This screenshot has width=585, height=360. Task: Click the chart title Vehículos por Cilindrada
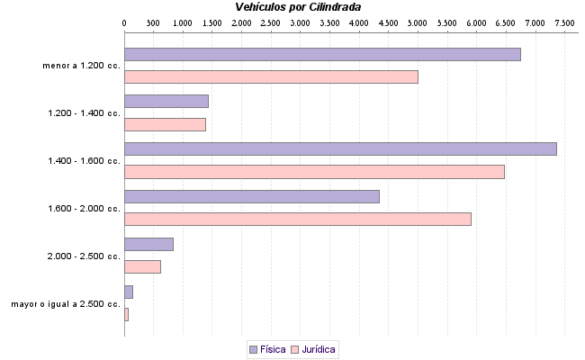tap(298, 6)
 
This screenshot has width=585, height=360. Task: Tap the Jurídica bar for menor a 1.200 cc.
tap(271, 77)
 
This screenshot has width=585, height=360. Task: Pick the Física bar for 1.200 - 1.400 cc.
tap(166, 101)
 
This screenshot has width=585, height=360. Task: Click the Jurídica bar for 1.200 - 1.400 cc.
tap(165, 124)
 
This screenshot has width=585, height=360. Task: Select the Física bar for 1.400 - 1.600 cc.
tap(340, 148)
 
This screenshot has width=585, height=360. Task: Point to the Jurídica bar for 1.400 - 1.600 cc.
tap(314, 172)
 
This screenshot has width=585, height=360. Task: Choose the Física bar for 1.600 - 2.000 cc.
tap(252, 196)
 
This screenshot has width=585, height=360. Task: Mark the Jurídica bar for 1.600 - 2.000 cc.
tap(298, 219)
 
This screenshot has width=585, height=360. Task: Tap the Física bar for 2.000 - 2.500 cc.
tap(148, 244)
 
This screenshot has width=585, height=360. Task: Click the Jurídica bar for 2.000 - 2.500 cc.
tap(142, 266)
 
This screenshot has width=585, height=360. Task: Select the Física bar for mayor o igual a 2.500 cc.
tap(129, 292)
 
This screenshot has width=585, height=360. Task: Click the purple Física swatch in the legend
tap(253, 348)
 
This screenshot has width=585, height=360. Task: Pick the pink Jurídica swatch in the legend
tap(294, 348)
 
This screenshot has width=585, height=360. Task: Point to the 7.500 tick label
tap(565, 21)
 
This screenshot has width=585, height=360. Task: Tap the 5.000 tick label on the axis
tap(418, 21)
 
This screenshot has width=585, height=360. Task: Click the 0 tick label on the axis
tap(124, 21)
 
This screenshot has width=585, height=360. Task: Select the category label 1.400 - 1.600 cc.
tap(84, 160)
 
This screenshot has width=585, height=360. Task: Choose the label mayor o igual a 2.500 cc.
tap(66, 304)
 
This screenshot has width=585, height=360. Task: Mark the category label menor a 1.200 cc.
tap(81, 66)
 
